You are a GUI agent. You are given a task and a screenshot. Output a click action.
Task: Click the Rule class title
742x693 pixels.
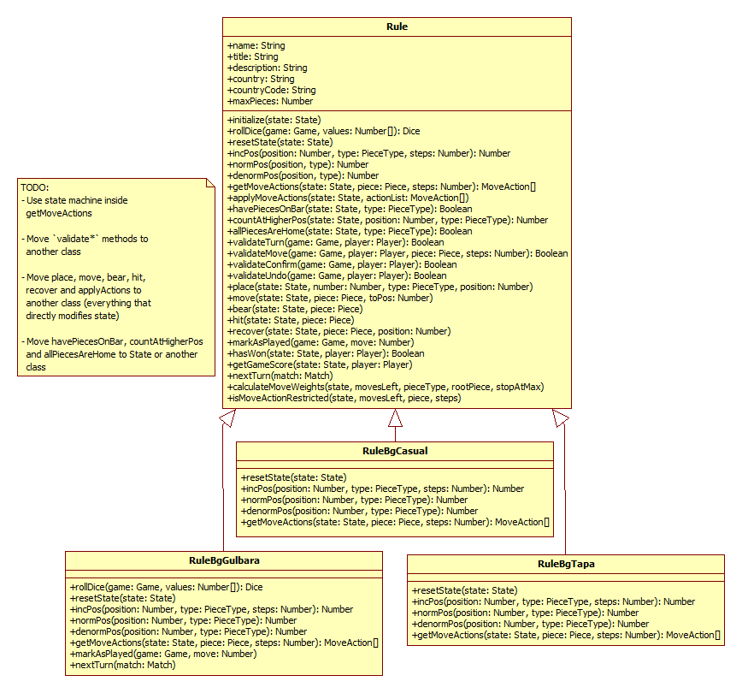pyautogui.click(x=397, y=27)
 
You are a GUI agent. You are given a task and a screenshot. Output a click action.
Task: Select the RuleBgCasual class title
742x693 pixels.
pyautogui.click(x=395, y=451)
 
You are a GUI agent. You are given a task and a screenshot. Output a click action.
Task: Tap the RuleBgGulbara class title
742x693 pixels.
pyautogui.click(x=224, y=560)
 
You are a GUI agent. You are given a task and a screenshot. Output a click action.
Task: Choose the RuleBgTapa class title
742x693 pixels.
pyautogui.click(x=566, y=564)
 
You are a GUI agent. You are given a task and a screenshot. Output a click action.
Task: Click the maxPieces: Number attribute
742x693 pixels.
pyautogui.click(x=270, y=101)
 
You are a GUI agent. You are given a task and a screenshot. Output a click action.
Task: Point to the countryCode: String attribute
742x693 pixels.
pyautogui.click(x=271, y=90)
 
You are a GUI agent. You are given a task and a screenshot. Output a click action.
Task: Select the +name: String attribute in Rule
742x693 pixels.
pyautogui.click(x=256, y=45)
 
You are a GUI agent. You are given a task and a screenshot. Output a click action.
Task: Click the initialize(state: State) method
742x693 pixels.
pyautogui.click(x=274, y=120)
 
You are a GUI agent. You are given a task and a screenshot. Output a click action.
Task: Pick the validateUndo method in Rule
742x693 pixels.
pyautogui.click(x=337, y=275)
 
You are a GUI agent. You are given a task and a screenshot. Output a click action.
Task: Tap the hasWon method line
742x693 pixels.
pyautogui.click(x=326, y=353)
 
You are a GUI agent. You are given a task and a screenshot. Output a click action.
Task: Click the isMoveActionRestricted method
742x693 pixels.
pyautogui.click(x=344, y=398)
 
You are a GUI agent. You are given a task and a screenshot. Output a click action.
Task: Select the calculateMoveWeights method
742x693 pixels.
pyautogui.click(x=386, y=387)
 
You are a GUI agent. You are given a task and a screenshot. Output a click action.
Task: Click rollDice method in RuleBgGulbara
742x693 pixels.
pyautogui.click(x=166, y=588)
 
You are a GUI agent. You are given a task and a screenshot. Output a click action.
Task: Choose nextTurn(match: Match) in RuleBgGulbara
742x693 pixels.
pyautogui.click(x=122, y=665)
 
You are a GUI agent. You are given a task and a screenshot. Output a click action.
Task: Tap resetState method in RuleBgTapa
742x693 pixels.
pyautogui.click(x=465, y=590)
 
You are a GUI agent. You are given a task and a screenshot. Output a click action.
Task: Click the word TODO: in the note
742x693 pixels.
pyautogui.click(x=35, y=187)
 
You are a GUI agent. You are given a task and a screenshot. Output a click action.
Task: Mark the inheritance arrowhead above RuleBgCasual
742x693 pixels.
pyautogui.click(x=395, y=418)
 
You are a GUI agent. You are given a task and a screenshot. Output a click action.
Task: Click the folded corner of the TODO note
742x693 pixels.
pyautogui.click(x=209, y=182)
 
